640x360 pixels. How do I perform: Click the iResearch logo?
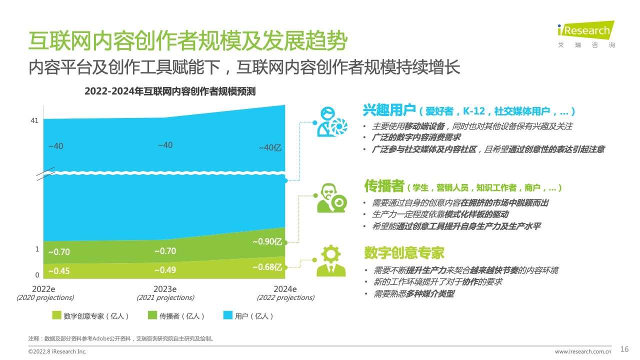585,34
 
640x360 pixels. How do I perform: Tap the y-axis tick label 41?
34,120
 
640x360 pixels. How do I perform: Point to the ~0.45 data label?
59,271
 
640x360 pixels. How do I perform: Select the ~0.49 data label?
165,270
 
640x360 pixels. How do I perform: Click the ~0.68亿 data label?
267,267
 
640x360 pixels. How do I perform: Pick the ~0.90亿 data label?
267,241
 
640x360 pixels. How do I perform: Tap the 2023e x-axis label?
165,289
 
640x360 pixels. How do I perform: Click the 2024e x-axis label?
285,289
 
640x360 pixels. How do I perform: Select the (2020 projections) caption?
45,297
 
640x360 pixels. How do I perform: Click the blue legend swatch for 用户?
227,315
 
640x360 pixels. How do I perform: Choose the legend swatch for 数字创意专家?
56,315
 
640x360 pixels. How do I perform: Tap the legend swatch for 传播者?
152,315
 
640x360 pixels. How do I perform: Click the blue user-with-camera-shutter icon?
331,122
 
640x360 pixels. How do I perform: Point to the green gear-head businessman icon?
331,260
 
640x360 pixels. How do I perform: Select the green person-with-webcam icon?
331,198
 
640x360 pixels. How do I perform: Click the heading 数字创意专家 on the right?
404,253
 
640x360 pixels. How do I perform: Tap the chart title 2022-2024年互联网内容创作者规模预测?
170,91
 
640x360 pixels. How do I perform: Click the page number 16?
624,349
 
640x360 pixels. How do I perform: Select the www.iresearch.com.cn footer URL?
583,351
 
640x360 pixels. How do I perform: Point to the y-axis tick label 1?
37,249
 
